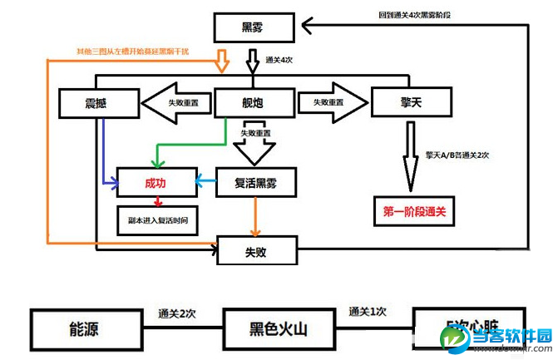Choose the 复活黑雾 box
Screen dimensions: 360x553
click(x=256, y=182)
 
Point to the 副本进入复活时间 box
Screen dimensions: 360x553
click(x=157, y=221)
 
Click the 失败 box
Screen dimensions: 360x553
click(x=256, y=250)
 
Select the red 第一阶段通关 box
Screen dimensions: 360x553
click(x=414, y=212)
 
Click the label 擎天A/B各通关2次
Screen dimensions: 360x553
click(x=457, y=155)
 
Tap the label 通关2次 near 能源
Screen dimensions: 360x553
click(x=176, y=313)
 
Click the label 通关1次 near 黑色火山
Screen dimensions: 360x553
click(x=368, y=312)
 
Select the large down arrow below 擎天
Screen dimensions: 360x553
click(x=410, y=158)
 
